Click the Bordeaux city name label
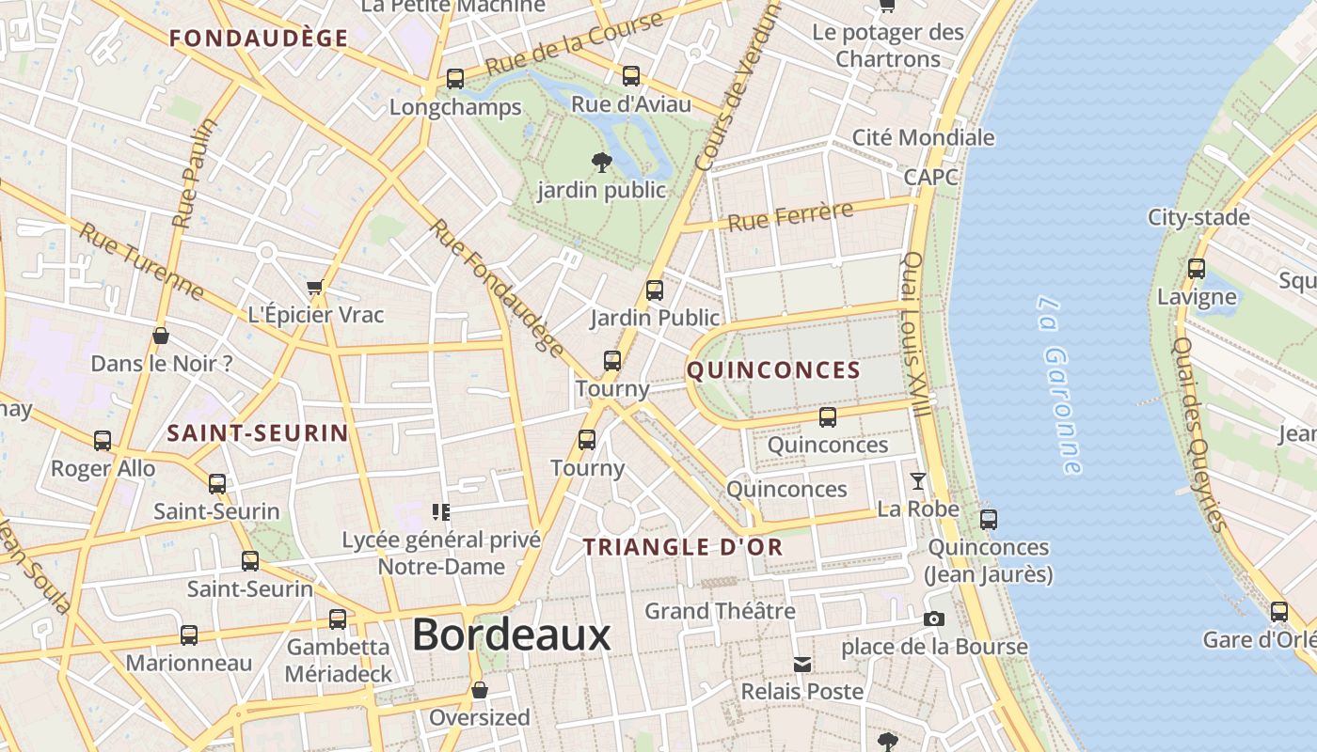(x=511, y=635)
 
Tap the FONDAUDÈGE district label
(x=259, y=39)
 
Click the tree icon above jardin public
(x=601, y=163)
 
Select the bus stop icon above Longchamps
(x=455, y=79)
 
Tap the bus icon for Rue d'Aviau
(x=631, y=76)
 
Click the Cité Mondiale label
(x=923, y=137)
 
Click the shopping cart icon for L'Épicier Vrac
(x=315, y=287)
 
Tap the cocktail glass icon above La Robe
(x=917, y=482)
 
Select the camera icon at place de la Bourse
(x=934, y=619)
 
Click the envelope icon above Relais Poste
(x=802, y=665)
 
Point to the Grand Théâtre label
(x=720, y=611)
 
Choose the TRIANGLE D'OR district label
(x=682, y=547)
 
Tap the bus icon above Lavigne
(x=1197, y=269)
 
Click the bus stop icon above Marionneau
(x=189, y=635)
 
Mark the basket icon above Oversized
(x=480, y=691)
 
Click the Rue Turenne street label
(x=141, y=260)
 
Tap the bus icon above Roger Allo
(x=103, y=440)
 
